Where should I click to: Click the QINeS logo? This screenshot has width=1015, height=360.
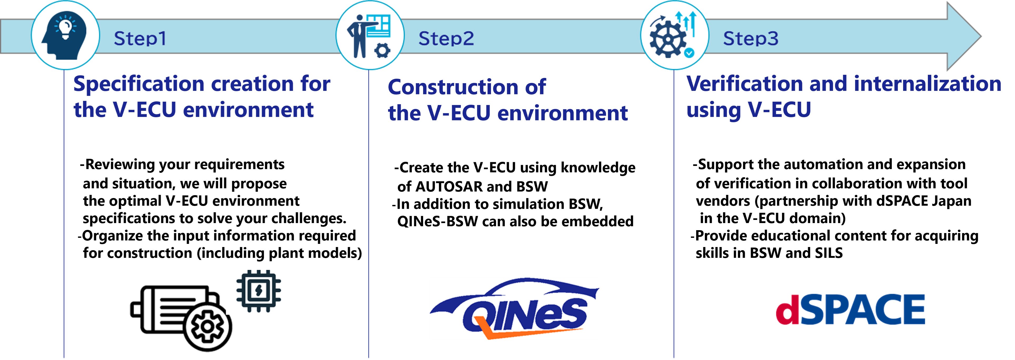(514, 309)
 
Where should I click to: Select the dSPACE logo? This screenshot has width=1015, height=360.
(850, 309)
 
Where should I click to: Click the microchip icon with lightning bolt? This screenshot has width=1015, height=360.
(259, 291)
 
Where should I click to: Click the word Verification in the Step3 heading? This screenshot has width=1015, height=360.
(744, 84)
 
